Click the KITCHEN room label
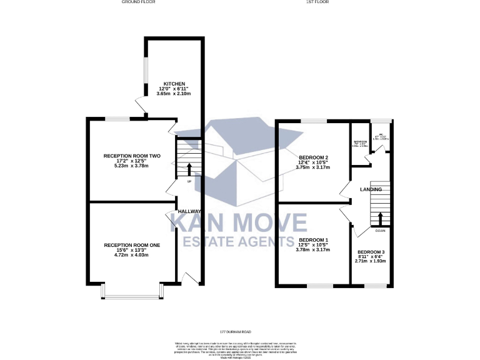tap(174, 83)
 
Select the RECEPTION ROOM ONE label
tap(132, 245)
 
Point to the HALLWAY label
tap(189, 211)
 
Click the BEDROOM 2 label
tap(313, 157)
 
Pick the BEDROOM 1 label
tap(313, 240)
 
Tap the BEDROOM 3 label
tap(372, 253)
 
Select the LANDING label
tap(371, 189)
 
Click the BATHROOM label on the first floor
tap(360, 142)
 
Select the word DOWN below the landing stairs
tap(380, 231)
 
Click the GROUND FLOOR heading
tap(138, 2)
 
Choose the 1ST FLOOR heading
tap(317, 2)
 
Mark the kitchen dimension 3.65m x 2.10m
tap(174, 94)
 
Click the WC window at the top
tap(380, 120)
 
